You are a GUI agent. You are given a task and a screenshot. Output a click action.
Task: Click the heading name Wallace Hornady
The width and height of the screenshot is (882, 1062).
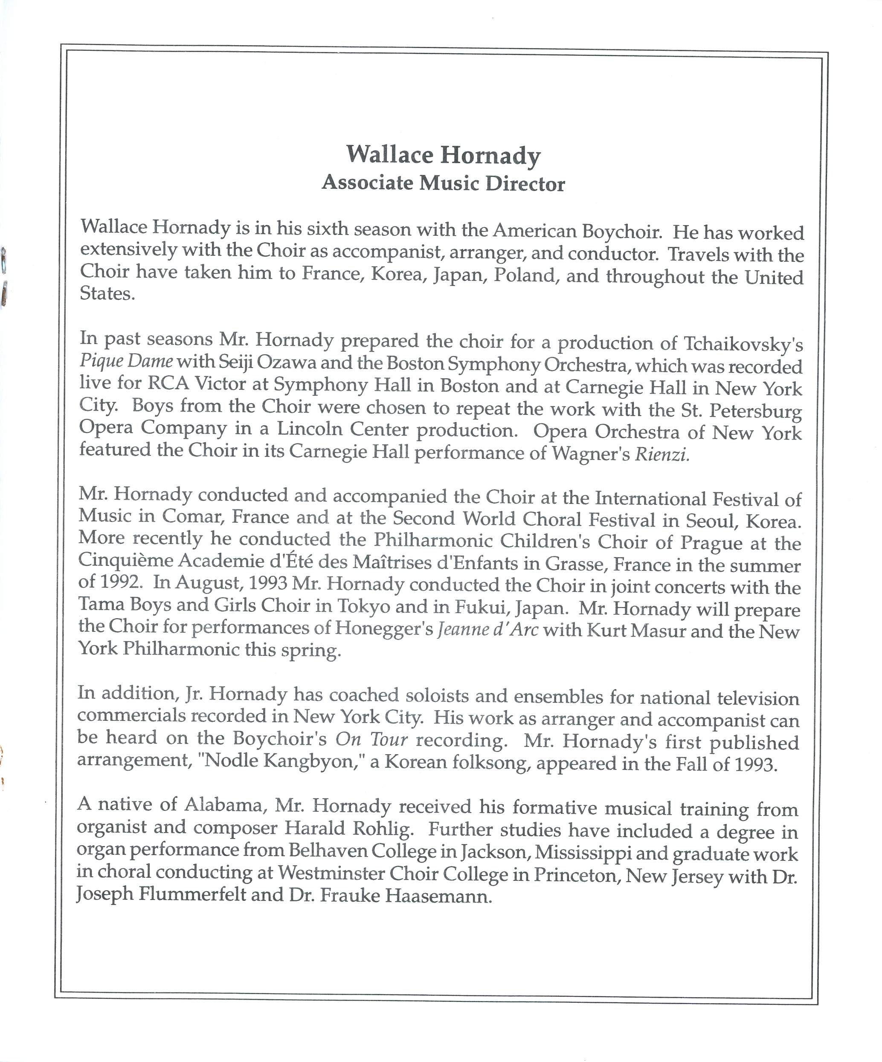pos(443,155)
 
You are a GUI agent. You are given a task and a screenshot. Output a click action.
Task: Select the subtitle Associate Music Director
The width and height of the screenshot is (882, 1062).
pos(443,183)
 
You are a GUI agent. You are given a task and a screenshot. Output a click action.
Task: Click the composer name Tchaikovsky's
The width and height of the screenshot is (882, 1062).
pos(743,344)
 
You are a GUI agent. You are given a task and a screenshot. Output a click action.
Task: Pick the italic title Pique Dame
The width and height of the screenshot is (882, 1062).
pos(127,362)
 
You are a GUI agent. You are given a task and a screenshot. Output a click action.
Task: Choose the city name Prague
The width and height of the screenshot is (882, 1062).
pos(711,543)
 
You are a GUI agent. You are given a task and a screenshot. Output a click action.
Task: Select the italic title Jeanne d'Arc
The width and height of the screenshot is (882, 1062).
pos(487,630)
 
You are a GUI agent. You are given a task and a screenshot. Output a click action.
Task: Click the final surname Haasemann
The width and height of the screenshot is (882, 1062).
pos(438,896)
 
